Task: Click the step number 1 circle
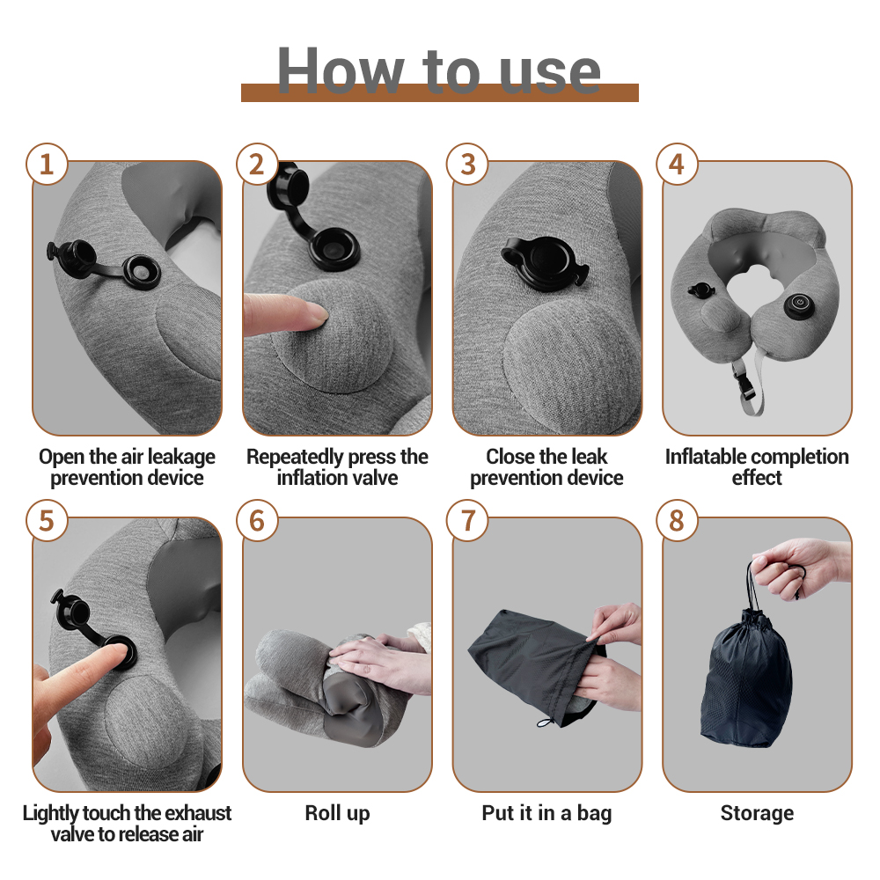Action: click(47, 164)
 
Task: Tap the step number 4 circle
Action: click(677, 164)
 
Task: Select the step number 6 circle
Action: click(257, 520)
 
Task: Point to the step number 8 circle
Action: click(677, 520)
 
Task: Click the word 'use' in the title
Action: click(549, 74)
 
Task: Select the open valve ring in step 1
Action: click(142, 272)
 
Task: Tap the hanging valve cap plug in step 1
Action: click(73, 257)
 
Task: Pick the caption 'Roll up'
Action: click(337, 813)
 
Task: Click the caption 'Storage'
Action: click(757, 813)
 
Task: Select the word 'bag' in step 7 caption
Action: click(594, 814)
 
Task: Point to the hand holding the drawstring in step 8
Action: click(800, 567)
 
